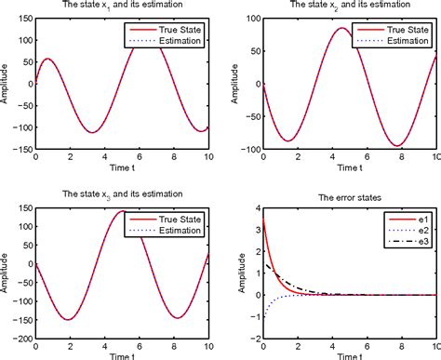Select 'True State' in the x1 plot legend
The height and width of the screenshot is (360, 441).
click(175, 29)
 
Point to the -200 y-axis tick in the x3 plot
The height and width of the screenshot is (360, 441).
click(20, 341)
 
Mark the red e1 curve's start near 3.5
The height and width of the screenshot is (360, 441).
click(264, 220)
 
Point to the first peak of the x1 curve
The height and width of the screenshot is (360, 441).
click(48, 60)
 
